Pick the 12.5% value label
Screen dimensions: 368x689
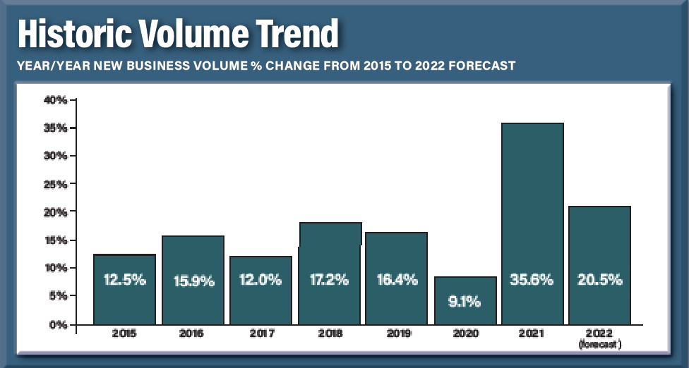click(125, 280)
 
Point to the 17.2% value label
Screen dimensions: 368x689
click(329, 280)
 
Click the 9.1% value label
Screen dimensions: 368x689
click(465, 302)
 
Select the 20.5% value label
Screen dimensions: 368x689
click(600, 280)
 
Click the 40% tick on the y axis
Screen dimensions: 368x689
click(55, 100)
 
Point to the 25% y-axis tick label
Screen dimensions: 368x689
click(55, 185)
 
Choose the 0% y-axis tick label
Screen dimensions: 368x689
click(58, 325)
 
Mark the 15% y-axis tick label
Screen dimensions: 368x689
click(55, 240)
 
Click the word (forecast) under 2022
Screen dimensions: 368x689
click(600, 345)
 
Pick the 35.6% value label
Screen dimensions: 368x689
click(532, 280)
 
